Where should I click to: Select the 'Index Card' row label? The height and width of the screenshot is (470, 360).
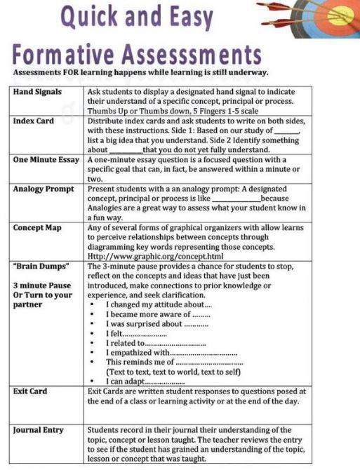click(34, 121)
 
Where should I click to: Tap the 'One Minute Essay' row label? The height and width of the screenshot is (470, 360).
click(46, 160)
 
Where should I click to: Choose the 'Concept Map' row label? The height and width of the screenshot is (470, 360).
click(37, 228)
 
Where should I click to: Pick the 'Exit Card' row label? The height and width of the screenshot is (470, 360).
click(30, 391)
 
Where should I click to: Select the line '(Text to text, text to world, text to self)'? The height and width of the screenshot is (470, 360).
click(173, 372)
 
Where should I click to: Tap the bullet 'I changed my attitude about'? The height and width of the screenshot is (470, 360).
click(159, 305)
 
